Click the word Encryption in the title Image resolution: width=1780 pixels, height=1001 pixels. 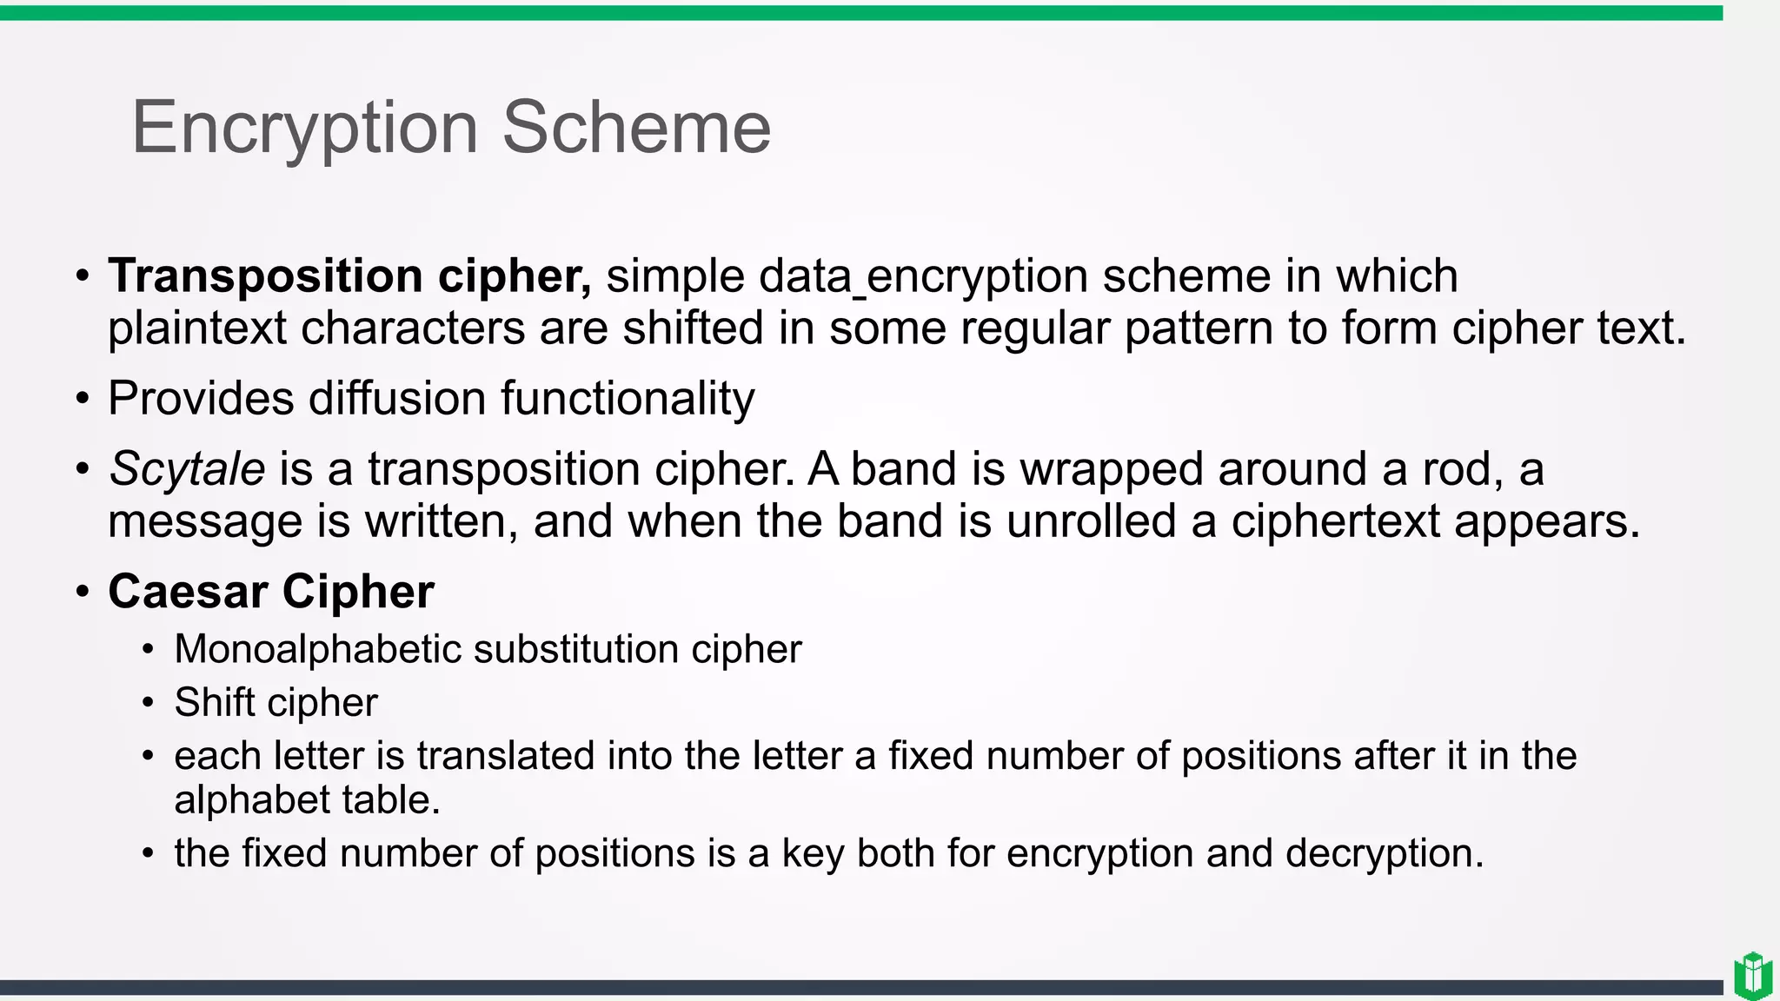point(304,129)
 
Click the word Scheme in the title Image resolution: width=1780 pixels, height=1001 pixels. point(636,129)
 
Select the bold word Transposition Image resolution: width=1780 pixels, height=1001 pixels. point(265,276)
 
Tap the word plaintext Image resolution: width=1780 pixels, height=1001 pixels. point(196,328)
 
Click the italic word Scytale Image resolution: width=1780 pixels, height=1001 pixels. point(187,469)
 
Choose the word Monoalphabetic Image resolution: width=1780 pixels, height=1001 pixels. point(316,650)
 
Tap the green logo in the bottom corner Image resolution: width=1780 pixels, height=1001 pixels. point(1752,976)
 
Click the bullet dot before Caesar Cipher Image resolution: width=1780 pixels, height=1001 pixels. point(83,593)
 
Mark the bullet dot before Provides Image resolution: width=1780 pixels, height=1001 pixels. point(83,400)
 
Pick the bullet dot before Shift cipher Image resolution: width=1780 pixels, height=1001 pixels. point(149,703)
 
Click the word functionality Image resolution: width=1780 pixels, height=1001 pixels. point(628,399)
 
